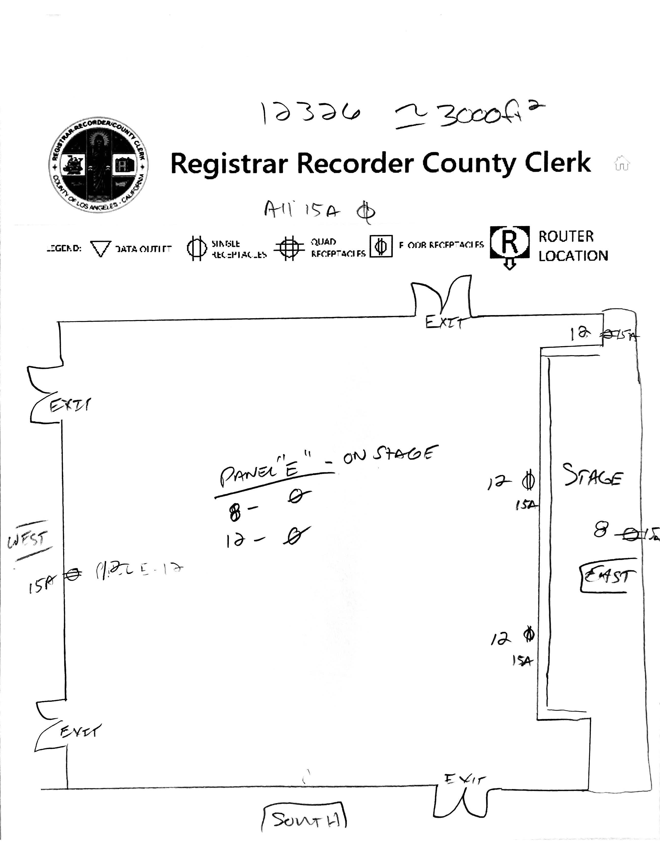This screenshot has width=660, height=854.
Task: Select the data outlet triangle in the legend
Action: click(101, 249)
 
